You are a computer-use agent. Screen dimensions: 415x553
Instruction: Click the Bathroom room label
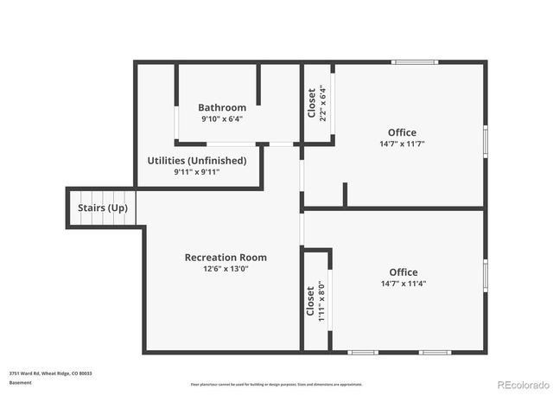click(222, 107)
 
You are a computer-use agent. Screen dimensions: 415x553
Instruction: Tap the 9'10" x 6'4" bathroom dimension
click(222, 118)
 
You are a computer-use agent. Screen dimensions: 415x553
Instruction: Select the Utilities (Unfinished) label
click(197, 160)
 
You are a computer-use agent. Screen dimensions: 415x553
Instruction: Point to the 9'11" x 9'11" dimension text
click(197, 171)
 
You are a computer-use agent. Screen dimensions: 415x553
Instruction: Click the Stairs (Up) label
click(103, 208)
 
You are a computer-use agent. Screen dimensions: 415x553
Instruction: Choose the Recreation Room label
click(226, 257)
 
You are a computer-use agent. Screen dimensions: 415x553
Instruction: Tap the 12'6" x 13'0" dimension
click(226, 268)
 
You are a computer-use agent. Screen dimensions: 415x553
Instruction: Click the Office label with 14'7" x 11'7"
click(403, 132)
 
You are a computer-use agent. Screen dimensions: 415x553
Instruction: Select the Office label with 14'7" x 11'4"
click(403, 272)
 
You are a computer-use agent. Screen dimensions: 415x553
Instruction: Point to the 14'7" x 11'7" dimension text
click(403, 144)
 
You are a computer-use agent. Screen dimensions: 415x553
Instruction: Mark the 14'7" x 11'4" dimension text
click(403, 284)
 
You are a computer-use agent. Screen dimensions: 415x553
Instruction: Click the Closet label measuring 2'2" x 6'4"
click(312, 102)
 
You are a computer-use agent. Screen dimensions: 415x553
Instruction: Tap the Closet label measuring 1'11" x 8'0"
click(310, 300)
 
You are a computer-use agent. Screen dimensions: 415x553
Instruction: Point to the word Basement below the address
click(21, 382)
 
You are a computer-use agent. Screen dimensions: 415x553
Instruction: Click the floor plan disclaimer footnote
click(276, 384)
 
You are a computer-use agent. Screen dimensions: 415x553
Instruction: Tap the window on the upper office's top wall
click(414, 62)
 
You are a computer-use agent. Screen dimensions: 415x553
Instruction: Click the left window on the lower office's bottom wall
click(362, 352)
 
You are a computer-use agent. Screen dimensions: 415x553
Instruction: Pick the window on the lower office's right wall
click(485, 276)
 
